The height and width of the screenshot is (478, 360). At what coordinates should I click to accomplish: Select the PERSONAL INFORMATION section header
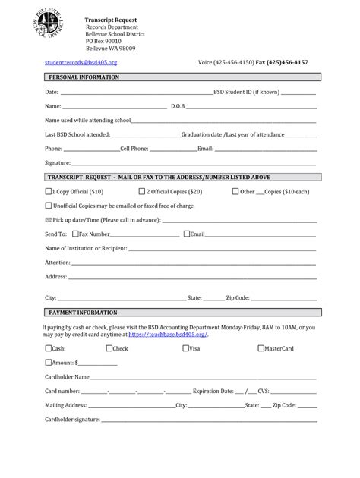(x=84, y=77)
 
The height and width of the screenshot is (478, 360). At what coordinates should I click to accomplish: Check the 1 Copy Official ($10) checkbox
(x=49, y=192)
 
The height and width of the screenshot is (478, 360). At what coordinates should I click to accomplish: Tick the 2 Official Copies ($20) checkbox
(x=142, y=192)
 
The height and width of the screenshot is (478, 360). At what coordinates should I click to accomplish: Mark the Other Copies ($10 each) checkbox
(x=235, y=192)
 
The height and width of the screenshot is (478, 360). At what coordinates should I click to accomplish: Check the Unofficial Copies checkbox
(x=49, y=206)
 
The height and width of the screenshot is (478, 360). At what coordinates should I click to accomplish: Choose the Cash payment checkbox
(x=49, y=348)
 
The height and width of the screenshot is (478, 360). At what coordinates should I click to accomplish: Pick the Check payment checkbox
(x=109, y=348)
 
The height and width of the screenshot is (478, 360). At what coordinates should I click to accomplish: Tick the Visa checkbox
(x=185, y=348)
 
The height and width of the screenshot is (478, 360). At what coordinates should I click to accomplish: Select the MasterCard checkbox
(x=261, y=348)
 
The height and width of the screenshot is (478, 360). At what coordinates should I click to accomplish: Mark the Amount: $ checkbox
(x=49, y=362)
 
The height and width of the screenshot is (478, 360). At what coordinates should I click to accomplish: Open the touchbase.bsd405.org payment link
(x=168, y=334)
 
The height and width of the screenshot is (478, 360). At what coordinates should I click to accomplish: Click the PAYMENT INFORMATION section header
(x=83, y=313)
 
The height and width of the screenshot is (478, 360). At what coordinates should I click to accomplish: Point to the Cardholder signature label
(x=72, y=419)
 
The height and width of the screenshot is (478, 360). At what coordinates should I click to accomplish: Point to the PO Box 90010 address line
(x=103, y=41)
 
